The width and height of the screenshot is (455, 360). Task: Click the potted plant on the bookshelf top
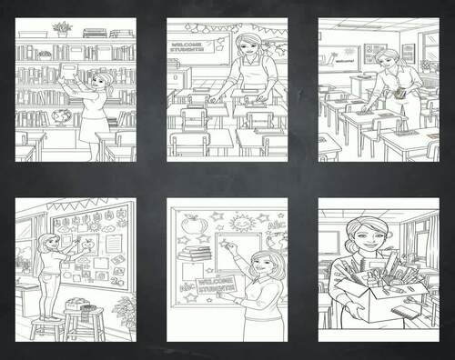pyautogui.click(x=63, y=28)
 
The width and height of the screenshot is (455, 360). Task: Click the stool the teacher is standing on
pyautogui.click(x=47, y=325)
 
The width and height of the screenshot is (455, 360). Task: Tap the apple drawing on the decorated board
pyautogui.click(x=191, y=224)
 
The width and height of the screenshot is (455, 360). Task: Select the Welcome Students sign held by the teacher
pyautogui.click(x=217, y=285)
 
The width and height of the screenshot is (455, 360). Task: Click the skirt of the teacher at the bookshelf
pyautogui.click(x=93, y=129)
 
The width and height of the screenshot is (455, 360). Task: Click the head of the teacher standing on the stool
pyautogui.click(x=45, y=242)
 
